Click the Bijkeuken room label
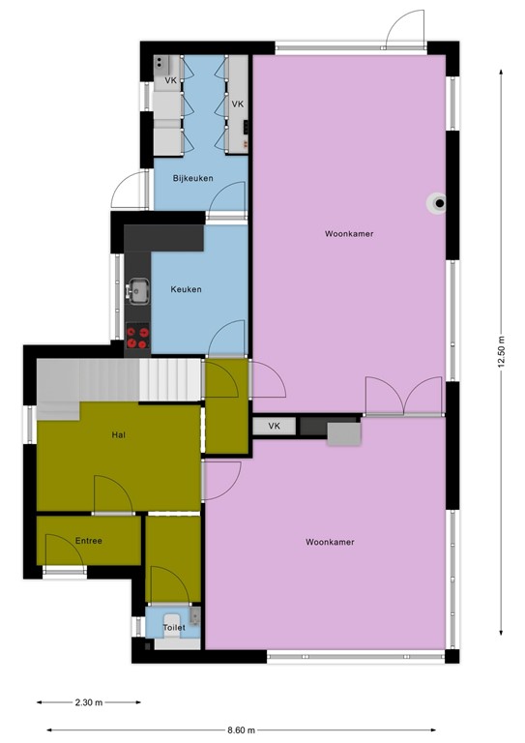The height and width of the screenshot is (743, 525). [193, 179]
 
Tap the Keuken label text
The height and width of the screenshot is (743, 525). [186, 289]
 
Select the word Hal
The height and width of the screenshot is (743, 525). [119, 435]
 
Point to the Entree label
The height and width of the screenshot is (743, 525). [88, 541]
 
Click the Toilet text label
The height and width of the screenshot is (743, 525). [174, 627]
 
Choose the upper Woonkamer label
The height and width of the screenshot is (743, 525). [350, 234]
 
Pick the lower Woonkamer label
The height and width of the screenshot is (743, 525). [329, 542]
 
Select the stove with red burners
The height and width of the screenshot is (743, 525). [138, 336]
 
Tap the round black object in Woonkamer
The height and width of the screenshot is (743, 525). [440, 203]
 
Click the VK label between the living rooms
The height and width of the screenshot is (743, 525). [274, 426]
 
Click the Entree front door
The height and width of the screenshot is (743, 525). [66, 558]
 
